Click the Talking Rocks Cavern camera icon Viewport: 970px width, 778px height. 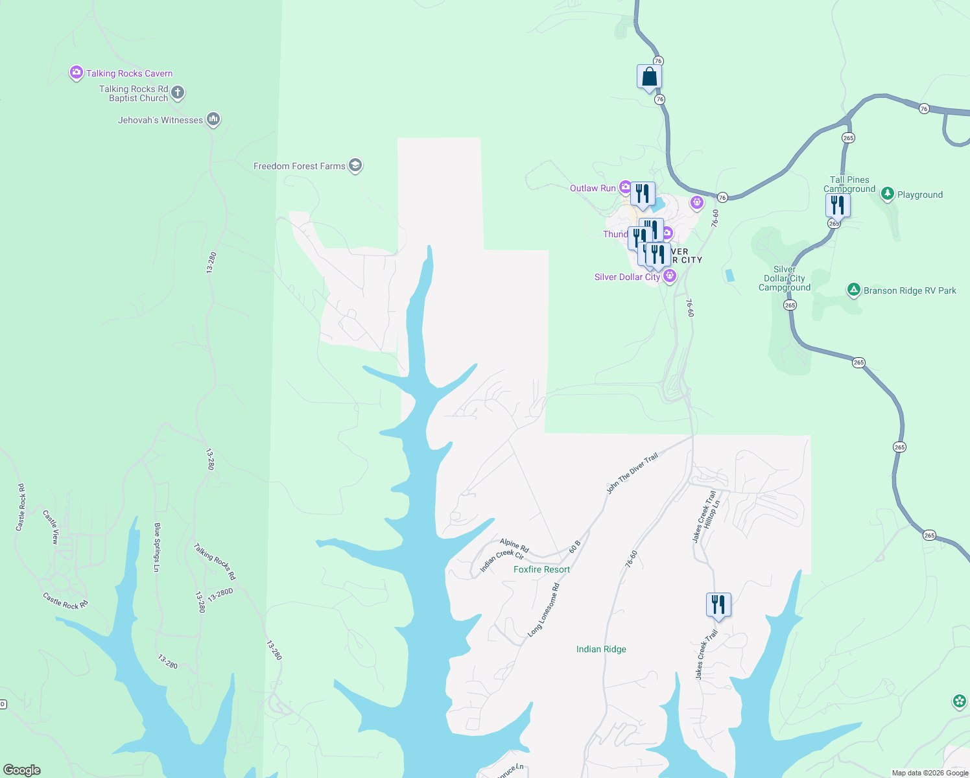pyautogui.click(x=77, y=73)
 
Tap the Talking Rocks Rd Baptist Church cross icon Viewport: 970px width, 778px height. pyautogui.click(x=178, y=93)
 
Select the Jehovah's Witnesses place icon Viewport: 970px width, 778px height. pyautogui.click(x=213, y=119)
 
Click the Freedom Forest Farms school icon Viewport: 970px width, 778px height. pyautogui.click(x=355, y=165)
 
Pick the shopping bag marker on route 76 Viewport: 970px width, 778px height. pyautogui.click(x=649, y=77)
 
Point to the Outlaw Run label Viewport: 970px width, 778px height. pyautogui.click(x=593, y=188)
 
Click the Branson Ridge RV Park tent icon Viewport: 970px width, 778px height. pyautogui.click(x=854, y=290)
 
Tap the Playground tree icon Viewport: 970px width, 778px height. pyautogui.click(x=887, y=194)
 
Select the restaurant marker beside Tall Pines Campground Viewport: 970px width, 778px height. pyautogui.click(x=838, y=205)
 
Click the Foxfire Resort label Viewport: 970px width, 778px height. pyautogui.click(x=541, y=569)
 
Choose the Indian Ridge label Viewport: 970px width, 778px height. pyautogui.click(x=601, y=649)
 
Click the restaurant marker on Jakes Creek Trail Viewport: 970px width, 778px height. pyautogui.click(x=718, y=604)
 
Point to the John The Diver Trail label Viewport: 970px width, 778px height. pyautogui.click(x=632, y=473)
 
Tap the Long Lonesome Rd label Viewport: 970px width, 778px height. pyautogui.click(x=543, y=610)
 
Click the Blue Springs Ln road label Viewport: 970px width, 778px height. pyautogui.click(x=157, y=547)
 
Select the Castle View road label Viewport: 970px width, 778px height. pyautogui.click(x=51, y=526)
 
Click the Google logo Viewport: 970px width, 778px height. pyautogui.click(x=22, y=770)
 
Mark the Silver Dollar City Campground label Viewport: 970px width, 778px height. pyautogui.click(x=785, y=278)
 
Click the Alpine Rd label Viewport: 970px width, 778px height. pyautogui.click(x=514, y=545)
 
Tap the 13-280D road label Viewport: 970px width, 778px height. pyautogui.click(x=220, y=595)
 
